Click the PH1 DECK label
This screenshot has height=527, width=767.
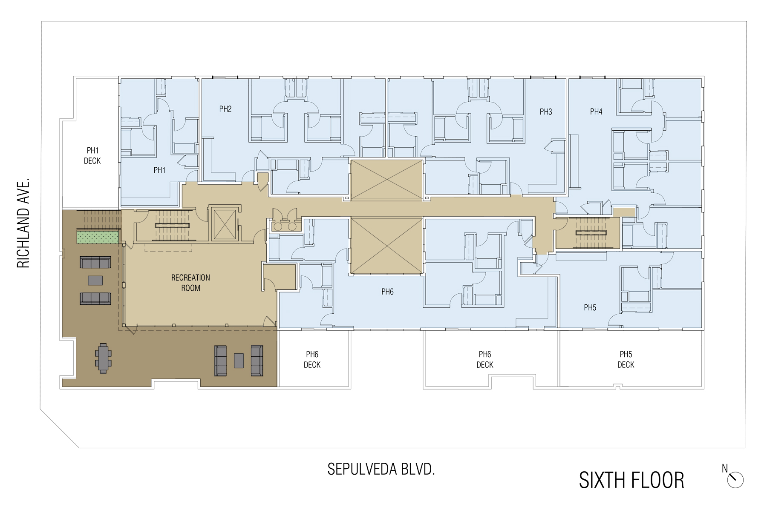(92, 156)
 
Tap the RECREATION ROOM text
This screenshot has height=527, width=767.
(190, 283)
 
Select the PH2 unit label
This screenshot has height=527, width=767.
(225, 109)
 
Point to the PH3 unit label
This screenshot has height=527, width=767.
(546, 112)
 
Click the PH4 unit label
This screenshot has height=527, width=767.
(596, 112)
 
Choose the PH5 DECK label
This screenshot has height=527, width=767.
(626, 359)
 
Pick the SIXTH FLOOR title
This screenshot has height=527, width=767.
(631, 480)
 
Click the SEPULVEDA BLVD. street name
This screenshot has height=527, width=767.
(381, 469)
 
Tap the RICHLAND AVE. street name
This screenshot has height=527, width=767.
(23, 223)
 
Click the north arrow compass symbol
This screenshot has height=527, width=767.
(735, 480)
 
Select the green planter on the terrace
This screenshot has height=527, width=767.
(98, 236)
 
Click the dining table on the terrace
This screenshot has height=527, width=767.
(103, 358)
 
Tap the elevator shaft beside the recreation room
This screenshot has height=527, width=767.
(224, 224)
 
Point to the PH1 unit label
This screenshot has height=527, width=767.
(159, 170)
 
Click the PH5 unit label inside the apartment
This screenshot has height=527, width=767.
(590, 307)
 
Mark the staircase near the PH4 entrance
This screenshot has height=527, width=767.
(591, 233)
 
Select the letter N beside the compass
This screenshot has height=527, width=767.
(724, 468)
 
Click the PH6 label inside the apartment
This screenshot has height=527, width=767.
(387, 292)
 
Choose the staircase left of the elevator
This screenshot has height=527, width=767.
(172, 225)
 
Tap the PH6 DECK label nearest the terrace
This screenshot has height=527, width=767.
(312, 359)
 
